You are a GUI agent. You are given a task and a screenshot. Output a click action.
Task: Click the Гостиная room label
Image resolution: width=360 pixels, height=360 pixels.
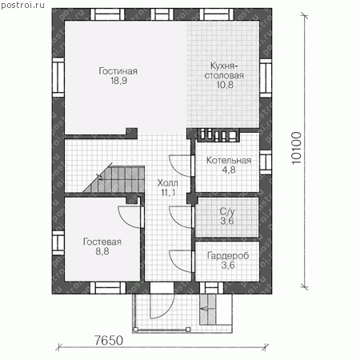pyautogui.click(x=118, y=71)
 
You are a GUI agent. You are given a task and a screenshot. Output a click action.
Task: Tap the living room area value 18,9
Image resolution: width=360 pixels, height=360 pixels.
pyautogui.click(x=119, y=81)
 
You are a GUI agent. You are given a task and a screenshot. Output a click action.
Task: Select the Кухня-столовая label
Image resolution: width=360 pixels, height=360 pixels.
pyautogui.click(x=224, y=70)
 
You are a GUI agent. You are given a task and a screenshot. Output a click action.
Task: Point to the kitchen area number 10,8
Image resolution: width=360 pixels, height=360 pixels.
pyautogui.click(x=225, y=85)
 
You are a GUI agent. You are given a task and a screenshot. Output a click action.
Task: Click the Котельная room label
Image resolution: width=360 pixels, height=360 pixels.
pyautogui.click(x=229, y=160)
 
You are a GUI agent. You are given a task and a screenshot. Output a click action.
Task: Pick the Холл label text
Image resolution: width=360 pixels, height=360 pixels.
pyautogui.click(x=167, y=183)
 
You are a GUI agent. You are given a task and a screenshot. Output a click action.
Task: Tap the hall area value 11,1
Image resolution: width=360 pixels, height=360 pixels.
pyautogui.click(x=168, y=193)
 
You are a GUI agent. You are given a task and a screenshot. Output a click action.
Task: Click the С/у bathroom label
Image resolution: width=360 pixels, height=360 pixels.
pyautogui.click(x=227, y=211)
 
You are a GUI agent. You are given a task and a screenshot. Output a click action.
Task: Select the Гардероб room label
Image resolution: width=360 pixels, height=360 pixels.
pyautogui.click(x=228, y=255)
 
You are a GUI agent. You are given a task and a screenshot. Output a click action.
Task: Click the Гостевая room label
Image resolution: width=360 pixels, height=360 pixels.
pyautogui.click(x=102, y=242)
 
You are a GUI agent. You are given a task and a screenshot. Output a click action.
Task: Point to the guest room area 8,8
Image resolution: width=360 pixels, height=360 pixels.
pyautogui.click(x=102, y=251)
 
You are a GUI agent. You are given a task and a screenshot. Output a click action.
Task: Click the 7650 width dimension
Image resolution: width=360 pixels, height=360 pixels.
pyautogui.click(x=109, y=340)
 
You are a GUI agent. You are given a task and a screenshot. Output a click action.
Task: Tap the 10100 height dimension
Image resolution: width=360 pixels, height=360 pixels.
pyautogui.click(x=296, y=148)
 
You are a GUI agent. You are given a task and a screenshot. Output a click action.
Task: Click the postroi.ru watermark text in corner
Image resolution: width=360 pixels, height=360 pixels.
pyautogui.click(x=22, y=5)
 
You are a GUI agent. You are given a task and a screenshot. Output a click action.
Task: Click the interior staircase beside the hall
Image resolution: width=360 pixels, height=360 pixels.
pyautogui.click(x=114, y=178)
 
